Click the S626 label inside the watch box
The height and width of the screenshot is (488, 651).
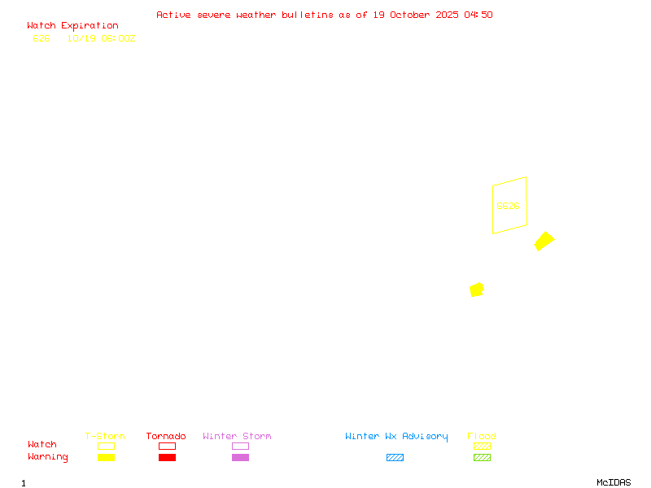pos(508,206)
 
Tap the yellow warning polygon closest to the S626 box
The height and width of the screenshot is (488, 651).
pos(544,241)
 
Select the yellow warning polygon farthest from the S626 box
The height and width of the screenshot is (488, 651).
pos(477,290)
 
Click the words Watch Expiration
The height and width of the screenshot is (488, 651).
pos(72,25)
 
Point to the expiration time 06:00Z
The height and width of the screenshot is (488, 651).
pos(117,38)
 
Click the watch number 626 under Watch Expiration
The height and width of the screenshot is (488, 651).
pos(42,38)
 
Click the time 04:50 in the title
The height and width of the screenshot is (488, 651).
pos(478,15)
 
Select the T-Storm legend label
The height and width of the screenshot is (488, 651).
pos(105,436)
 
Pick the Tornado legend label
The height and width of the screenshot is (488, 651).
pos(166,436)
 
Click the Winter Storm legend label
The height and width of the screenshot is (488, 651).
pos(237,436)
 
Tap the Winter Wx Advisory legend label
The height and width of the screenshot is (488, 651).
pos(396,436)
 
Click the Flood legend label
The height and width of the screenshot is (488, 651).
pos(482,436)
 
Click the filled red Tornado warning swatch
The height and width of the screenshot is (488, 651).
pos(167,457)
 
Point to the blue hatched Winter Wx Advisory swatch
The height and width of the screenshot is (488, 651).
pos(395,457)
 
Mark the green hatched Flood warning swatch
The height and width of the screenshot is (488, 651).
pos(482,457)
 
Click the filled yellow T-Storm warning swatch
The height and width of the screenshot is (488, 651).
pos(106,457)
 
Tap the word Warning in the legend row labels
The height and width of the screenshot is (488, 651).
pos(48,457)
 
